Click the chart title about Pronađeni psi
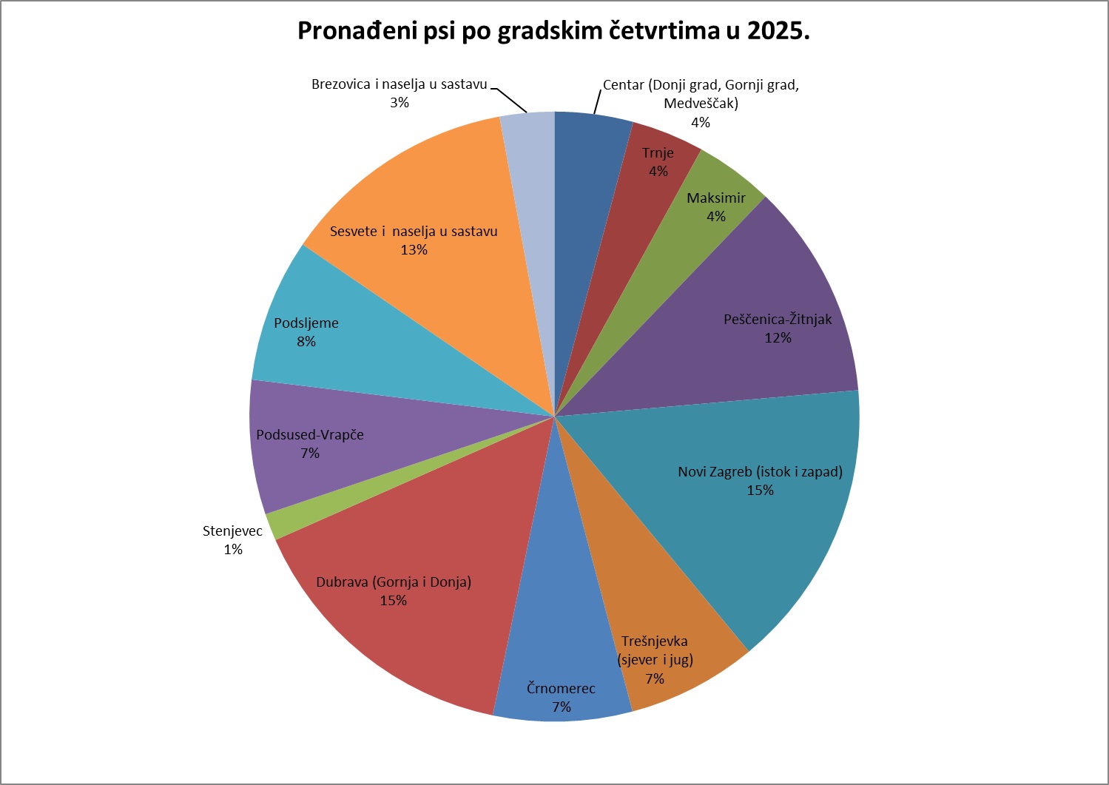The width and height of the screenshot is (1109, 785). [553, 30]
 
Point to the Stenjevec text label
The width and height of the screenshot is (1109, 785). [232, 531]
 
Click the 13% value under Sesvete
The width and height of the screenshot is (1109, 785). [414, 250]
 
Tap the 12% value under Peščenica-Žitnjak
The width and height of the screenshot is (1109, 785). [778, 338]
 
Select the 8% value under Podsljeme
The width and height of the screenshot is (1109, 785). [306, 342]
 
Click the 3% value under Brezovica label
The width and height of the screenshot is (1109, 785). [400, 103]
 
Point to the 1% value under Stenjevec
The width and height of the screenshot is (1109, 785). [233, 550]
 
